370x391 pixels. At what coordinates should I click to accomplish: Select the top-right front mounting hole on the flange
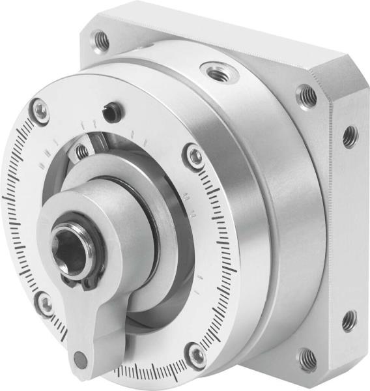307,96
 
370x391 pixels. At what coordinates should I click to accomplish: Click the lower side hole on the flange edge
349,319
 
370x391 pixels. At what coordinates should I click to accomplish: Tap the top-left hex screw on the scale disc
40,111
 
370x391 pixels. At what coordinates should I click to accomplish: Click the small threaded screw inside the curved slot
82,151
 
